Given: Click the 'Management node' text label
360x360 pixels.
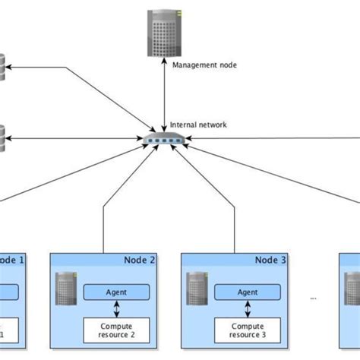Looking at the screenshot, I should (204, 65).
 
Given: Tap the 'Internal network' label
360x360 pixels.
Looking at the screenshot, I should (198, 125).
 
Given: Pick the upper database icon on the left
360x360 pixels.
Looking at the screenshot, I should (2, 69).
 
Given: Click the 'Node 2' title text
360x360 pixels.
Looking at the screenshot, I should (140, 261).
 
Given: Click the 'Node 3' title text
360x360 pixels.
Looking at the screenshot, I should (271, 261).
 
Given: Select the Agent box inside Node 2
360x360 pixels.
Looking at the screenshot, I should (115, 292).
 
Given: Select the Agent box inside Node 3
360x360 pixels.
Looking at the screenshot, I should (248, 292).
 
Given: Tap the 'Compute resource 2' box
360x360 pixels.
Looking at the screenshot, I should (115, 330).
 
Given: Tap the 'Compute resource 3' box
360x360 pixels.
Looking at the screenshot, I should (248, 330).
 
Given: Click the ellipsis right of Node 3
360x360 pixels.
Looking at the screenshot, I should (312, 298).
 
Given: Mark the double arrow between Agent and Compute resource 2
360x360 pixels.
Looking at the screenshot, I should (115, 309).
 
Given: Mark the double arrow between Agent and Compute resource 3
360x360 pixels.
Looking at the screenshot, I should (248, 309).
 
